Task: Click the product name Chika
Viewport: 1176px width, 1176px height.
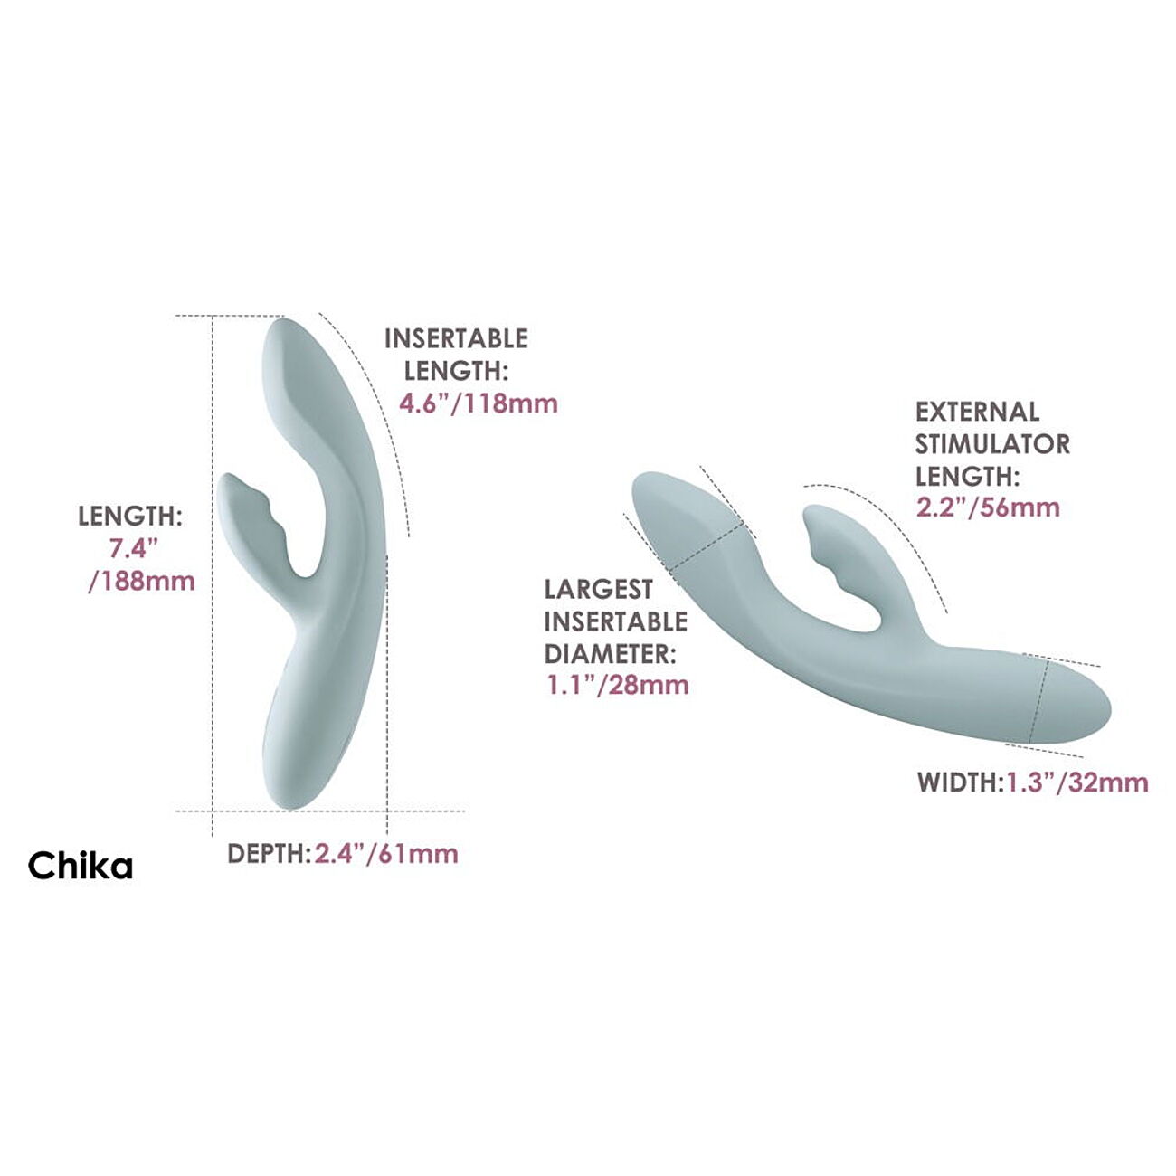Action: point(80,865)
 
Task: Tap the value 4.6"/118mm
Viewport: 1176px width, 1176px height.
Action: point(479,403)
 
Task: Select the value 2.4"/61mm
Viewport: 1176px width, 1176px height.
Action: point(386,853)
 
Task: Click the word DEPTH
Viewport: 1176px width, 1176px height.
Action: point(266,854)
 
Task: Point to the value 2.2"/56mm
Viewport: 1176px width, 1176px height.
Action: point(988,507)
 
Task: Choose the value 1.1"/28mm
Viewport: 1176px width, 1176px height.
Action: point(617,686)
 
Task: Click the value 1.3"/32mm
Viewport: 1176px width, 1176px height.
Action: point(1077,782)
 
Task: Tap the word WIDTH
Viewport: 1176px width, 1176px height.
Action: point(957,783)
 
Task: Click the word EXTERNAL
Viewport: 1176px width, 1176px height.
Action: point(977,412)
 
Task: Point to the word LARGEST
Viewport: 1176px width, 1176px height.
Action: point(598,590)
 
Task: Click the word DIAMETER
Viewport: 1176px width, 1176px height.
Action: point(610,654)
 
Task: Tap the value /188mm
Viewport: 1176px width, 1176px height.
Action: point(142,581)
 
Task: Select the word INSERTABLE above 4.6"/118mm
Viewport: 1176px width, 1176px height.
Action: point(456,338)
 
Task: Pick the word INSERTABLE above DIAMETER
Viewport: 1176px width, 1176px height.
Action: point(616,621)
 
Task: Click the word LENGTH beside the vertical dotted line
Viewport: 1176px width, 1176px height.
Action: point(130,517)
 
